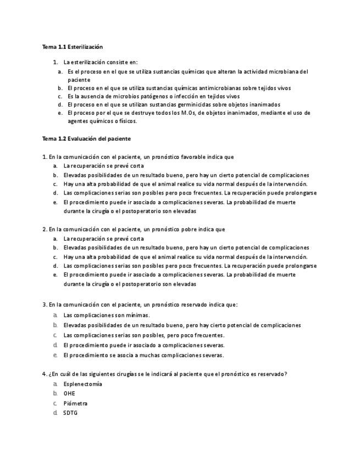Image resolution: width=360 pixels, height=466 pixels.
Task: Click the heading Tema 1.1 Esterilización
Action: pyautogui.click(x=72, y=47)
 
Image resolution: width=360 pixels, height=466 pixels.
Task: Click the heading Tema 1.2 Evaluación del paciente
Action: pyautogui.click(x=86, y=138)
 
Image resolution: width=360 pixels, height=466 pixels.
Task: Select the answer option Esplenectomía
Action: pyautogui.click(x=82, y=384)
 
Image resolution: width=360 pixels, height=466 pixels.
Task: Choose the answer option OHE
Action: pyautogui.click(x=69, y=393)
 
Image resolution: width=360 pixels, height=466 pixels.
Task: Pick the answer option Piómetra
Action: pyautogui.click(x=75, y=403)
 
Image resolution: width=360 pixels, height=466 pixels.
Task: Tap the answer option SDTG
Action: pyautogui.click(x=70, y=413)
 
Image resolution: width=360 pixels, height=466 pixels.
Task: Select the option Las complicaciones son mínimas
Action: pyautogui.click(x=106, y=315)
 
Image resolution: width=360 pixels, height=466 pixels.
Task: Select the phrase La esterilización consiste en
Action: pyautogui.click(x=101, y=62)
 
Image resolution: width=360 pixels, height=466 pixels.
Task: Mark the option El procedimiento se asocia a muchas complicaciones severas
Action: pyautogui.click(x=143, y=355)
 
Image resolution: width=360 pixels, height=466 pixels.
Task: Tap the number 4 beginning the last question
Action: pyautogui.click(x=44, y=374)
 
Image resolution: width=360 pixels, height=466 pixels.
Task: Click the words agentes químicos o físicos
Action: pyautogui.click(x=95, y=121)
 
